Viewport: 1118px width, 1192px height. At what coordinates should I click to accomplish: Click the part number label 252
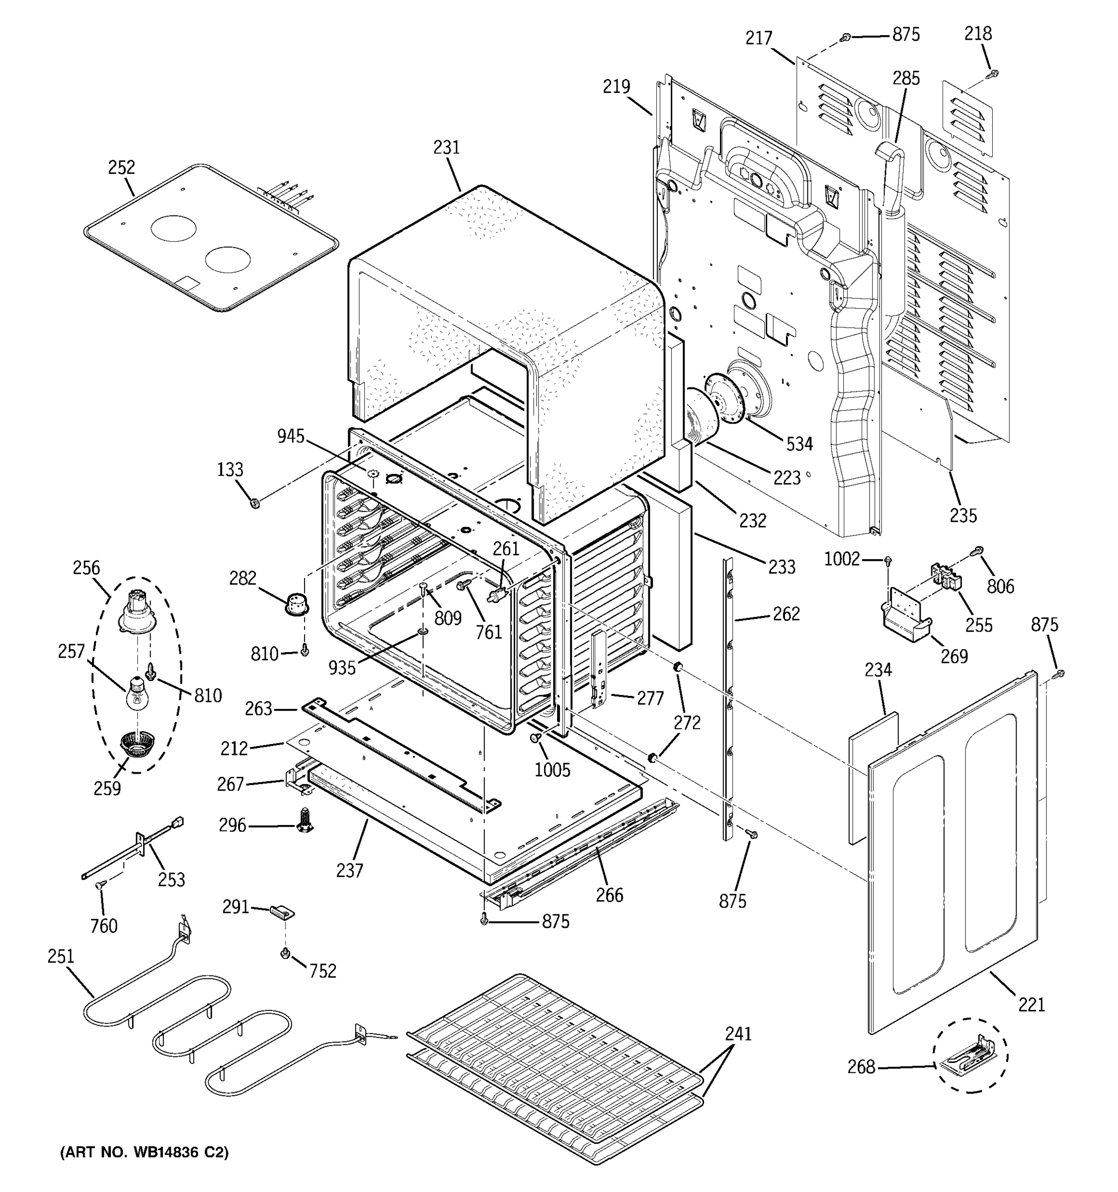pyautogui.click(x=121, y=167)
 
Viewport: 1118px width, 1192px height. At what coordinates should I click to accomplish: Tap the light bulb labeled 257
pyautogui.click(x=137, y=693)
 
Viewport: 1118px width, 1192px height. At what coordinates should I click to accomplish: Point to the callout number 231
pyautogui.click(x=446, y=148)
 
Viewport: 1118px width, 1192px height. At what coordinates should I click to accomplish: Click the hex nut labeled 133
pyautogui.click(x=254, y=503)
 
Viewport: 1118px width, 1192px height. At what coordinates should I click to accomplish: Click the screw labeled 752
pyautogui.click(x=286, y=953)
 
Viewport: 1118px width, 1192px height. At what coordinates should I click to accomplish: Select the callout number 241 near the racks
pyautogui.click(x=738, y=1034)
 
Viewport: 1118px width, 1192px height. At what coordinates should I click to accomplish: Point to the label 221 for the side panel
pyautogui.click(x=1031, y=1004)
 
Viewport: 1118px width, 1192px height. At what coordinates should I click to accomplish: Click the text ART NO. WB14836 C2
pyautogui.click(x=145, y=1152)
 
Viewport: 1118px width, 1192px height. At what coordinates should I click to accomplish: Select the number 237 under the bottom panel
pyautogui.click(x=349, y=870)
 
